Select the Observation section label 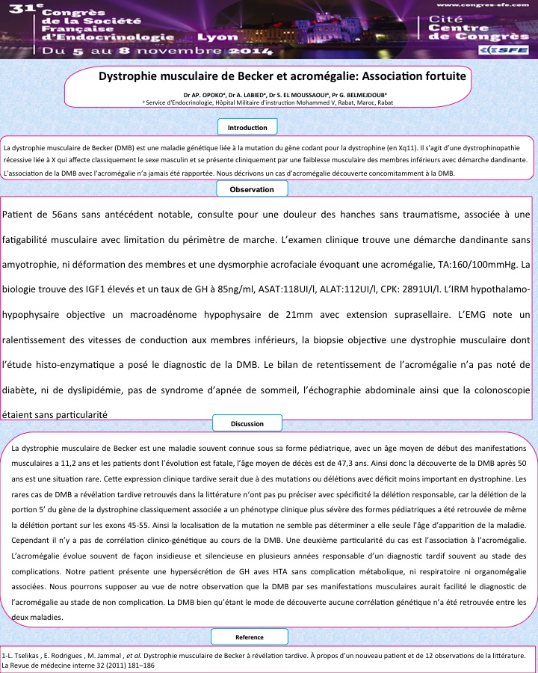(252, 190)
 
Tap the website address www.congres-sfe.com (482, 6)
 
